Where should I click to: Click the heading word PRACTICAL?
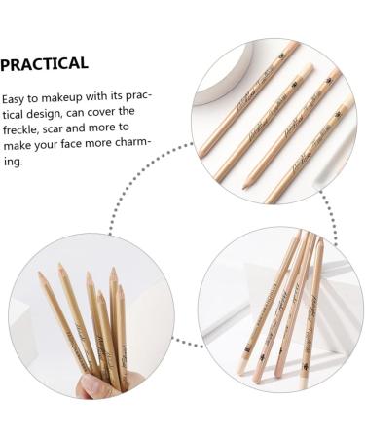tap(45, 64)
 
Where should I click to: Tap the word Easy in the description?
tap(17, 99)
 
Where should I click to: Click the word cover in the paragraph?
tap(117, 115)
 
